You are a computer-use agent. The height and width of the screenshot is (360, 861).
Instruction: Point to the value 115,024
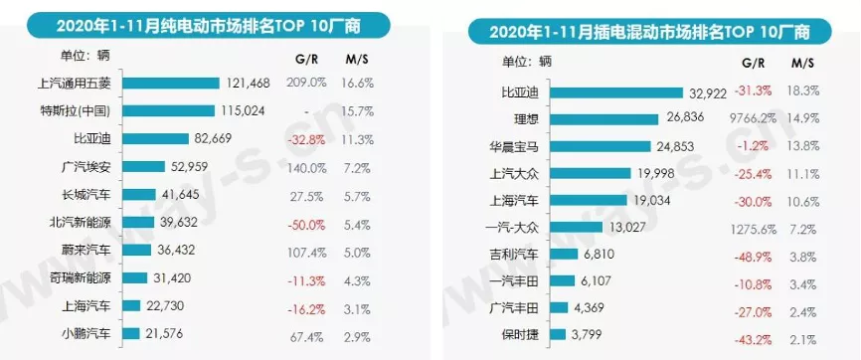click(x=243, y=111)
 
